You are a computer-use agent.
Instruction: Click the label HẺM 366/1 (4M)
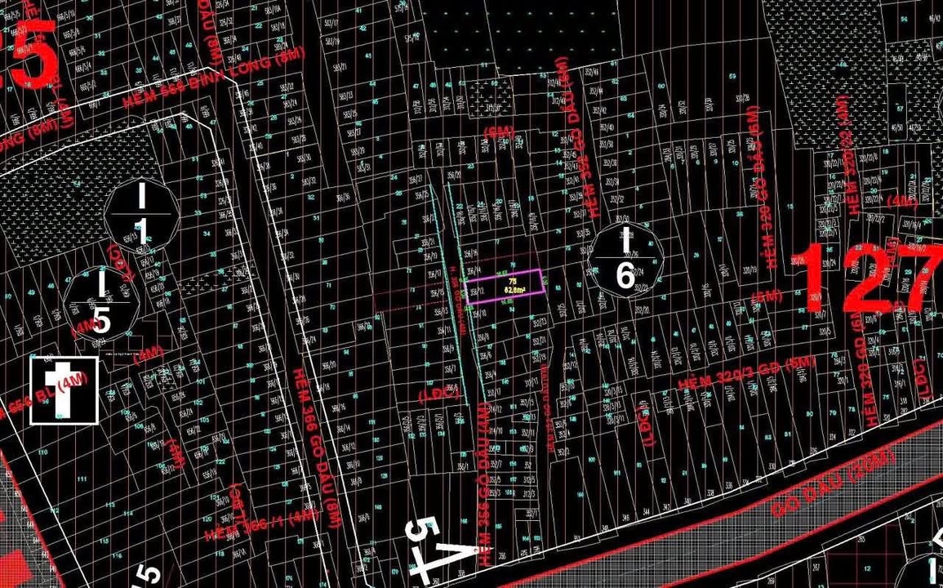click(x=261, y=523)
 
